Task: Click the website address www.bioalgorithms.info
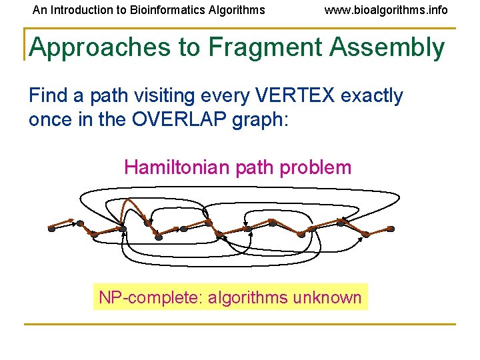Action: [386, 10]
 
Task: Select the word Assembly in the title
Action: [395, 48]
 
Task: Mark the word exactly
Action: [372, 96]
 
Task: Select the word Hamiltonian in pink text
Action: [178, 167]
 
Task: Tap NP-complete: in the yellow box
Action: [151, 297]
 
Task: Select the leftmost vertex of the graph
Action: [51, 229]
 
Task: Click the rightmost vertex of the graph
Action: [391, 229]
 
